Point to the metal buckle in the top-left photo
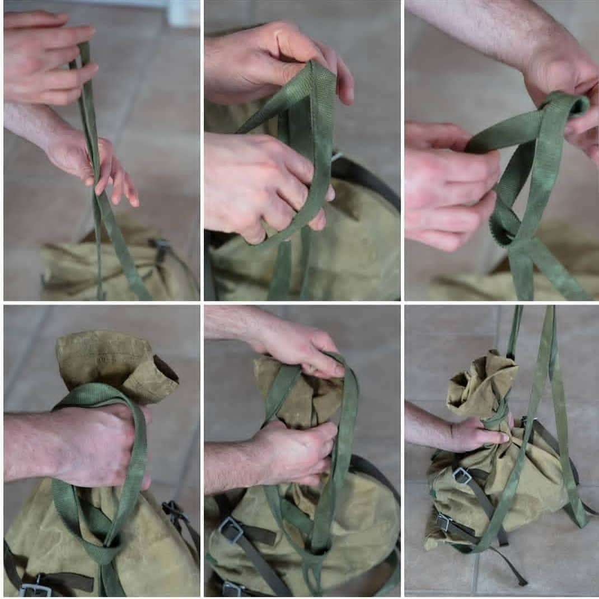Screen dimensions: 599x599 pyautogui.click(x=161, y=246)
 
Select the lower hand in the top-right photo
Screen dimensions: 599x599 pyautogui.click(x=448, y=185)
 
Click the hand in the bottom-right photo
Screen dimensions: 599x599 pyautogui.click(x=476, y=434)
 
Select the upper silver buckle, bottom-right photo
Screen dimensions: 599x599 pyautogui.click(x=462, y=476)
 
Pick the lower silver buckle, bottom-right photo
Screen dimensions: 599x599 pyautogui.click(x=444, y=522)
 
